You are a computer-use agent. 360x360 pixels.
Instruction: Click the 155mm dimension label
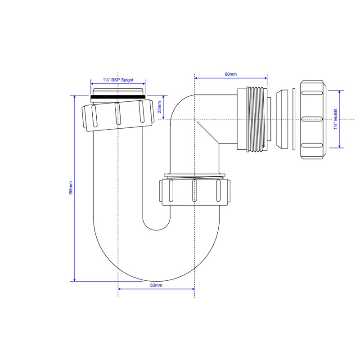coord(71,188)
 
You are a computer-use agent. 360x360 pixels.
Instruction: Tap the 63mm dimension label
coord(156,285)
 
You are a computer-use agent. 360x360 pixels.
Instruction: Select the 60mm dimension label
coord(231,74)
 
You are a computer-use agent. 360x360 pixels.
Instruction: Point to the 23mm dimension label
coord(159,107)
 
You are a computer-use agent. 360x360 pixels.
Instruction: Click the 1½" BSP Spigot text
coord(118,80)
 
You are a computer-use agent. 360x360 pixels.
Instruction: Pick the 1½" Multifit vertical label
coord(336,119)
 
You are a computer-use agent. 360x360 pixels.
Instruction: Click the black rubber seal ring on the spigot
coord(118,98)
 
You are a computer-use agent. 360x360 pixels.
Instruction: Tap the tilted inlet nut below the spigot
coord(118,116)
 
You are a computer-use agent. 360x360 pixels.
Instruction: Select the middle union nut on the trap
coord(195,193)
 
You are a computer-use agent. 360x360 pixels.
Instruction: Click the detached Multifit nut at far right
coord(313,120)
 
